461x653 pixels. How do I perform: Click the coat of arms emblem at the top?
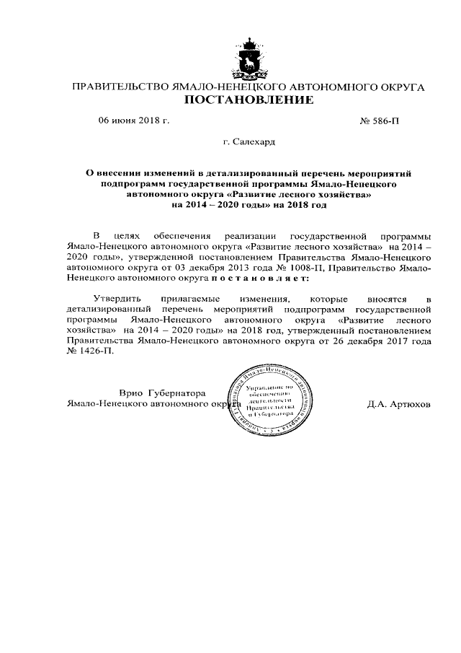pyautogui.click(x=250, y=58)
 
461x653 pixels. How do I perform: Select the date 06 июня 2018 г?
pyautogui.click(x=133, y=120)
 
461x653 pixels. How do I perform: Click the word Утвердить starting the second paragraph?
pyautogui.click(x=116, y=298)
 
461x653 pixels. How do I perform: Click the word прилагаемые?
pyautogui.click(x=194, y=298)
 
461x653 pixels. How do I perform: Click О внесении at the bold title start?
pyautogui.click(x=115, y=174)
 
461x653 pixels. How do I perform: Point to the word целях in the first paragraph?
pyautogui.click(x=129, y=235)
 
